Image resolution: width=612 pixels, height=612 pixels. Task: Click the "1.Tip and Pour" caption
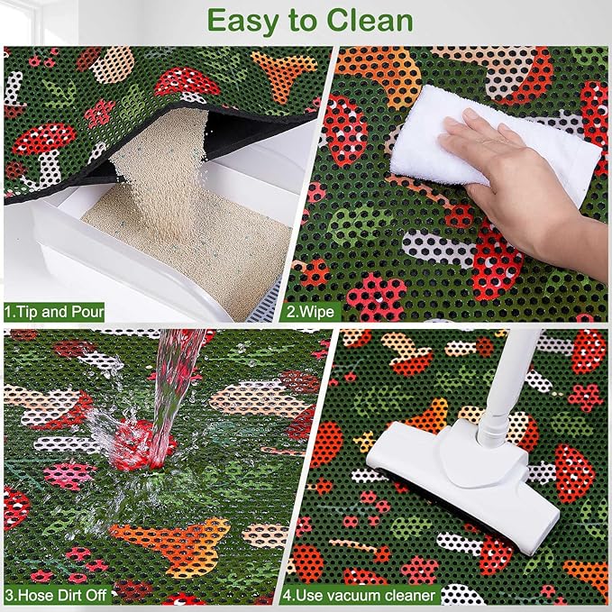54,313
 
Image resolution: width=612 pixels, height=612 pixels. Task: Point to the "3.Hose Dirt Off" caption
60,595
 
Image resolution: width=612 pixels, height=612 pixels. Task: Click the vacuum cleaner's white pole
505,379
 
